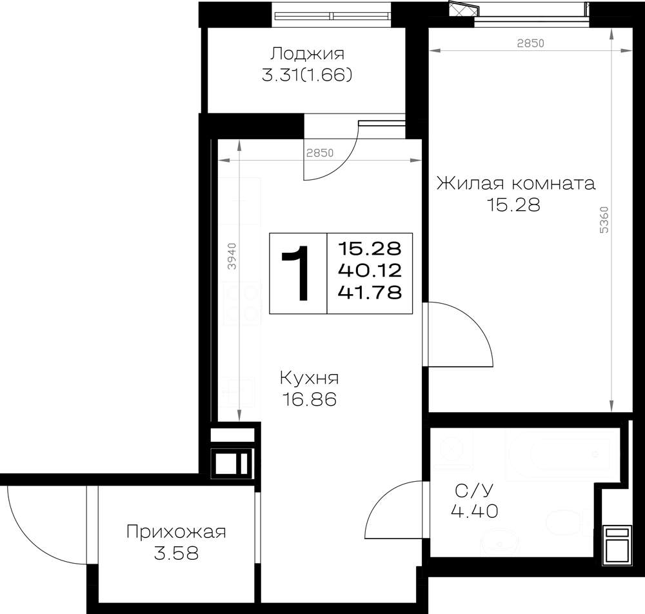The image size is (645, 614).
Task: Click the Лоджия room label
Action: [x=307, y=54]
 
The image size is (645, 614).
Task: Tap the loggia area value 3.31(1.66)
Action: [x=307, y=75]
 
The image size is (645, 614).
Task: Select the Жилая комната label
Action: [x=516, y=183]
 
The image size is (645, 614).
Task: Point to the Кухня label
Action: [x=310, y=378]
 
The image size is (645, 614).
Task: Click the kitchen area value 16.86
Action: [x=310, y=399]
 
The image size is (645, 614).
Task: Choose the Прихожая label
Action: [x=176, y=531]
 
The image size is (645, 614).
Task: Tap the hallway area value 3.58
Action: [x=177, y=553]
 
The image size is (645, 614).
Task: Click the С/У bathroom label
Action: [x=474, y=491]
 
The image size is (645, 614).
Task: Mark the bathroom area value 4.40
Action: [x=475, y=511]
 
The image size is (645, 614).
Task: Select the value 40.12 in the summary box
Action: [x=370, y=271]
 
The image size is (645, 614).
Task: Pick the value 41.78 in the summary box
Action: [x=370, y=292]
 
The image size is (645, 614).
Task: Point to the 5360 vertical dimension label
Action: [x=604, y=220]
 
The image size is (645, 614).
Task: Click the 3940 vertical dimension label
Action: [x=232, y=256]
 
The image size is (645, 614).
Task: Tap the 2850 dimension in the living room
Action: [x=531, y=43]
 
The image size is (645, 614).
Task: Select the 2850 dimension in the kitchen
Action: [x=320, y=153]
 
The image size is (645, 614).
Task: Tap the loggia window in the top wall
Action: [x=332, y=16]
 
